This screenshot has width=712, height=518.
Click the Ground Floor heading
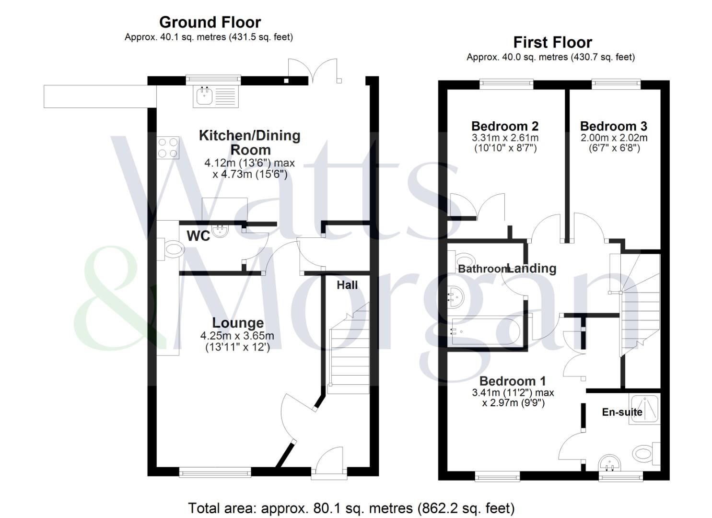(210, 22)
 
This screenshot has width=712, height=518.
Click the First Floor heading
(552, 42)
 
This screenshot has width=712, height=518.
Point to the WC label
(198, 236)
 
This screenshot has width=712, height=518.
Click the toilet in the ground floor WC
(172, 249)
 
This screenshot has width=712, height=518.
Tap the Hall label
(347, 285)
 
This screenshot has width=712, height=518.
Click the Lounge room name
(238, 323)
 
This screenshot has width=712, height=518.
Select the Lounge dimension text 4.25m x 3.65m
(237, 336)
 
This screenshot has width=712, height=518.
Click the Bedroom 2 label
(505, 126)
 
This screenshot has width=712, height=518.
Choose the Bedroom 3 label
(613, 126)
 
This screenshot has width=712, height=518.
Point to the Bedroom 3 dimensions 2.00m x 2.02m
(614, 138)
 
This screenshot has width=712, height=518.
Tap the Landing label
(532, 269)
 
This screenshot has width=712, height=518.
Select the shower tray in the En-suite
(645, 408)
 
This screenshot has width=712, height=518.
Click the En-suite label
(622, 412)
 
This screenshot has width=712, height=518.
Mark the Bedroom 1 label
(513, 381)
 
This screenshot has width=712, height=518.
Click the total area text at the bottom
(351, 508)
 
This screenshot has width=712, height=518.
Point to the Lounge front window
(215, 473)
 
